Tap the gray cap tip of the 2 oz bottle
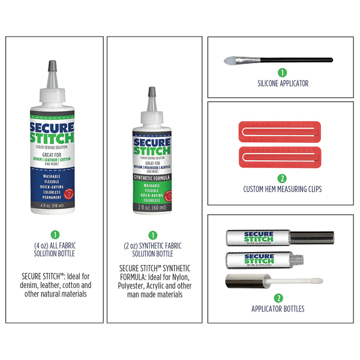(x=152, y=93)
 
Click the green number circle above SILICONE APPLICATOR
(x=282, y=73)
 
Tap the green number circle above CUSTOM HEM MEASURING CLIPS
(x=282, y=178)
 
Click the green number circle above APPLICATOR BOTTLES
(x=278, y=298)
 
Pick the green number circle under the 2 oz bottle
(x=152, y=235)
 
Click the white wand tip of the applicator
(x=310, y=280)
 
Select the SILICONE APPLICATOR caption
(x=282, y=83)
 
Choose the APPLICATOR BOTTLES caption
(x=278, y=309)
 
